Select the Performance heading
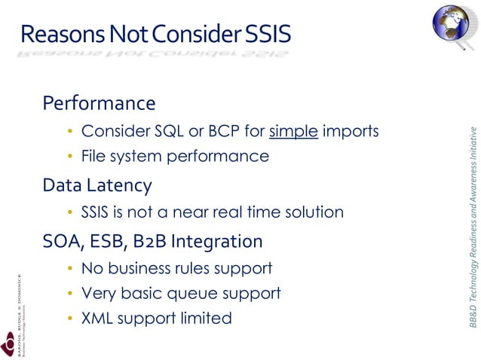(x=99, y=102)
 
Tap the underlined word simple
(x=295, y=132)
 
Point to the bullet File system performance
(x=175, y=157)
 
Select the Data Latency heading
(x=97, y=185)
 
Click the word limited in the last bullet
(x=204, y=319)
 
